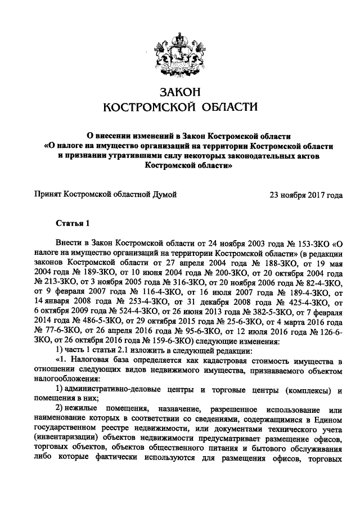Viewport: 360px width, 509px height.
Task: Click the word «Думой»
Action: coord(163,195)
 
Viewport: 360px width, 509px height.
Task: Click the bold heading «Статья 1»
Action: coord(73,224)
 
